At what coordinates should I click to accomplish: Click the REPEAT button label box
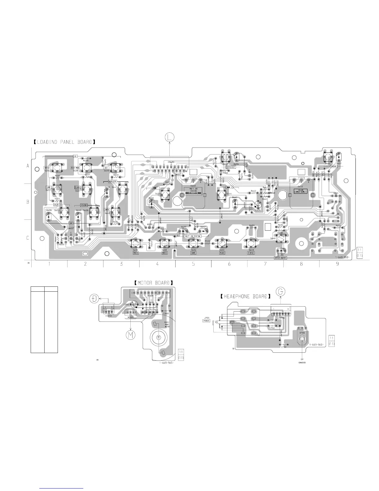[47, 167]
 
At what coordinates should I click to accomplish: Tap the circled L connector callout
[169, 137]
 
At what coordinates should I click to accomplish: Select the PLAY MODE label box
[76, 167]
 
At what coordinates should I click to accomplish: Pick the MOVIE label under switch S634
[135, 253]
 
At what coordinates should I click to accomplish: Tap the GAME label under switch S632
[193, 253]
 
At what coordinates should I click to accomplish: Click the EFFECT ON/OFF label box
[281, 258]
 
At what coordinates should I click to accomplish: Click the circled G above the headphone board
[281, 292]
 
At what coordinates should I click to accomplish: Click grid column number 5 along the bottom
[193, 264]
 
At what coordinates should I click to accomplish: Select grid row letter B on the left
[28, 202]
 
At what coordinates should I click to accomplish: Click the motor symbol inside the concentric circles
[158, 337]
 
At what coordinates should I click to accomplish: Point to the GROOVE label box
[333, 166]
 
